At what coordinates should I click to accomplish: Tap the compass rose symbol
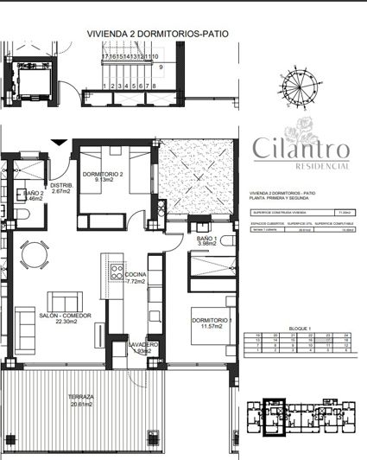point(300,89)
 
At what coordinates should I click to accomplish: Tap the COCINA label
point(136,276)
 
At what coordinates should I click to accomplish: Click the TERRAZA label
point(81,397)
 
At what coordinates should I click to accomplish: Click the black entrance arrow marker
point(59,142)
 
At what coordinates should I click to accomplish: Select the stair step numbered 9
point(160,67)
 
